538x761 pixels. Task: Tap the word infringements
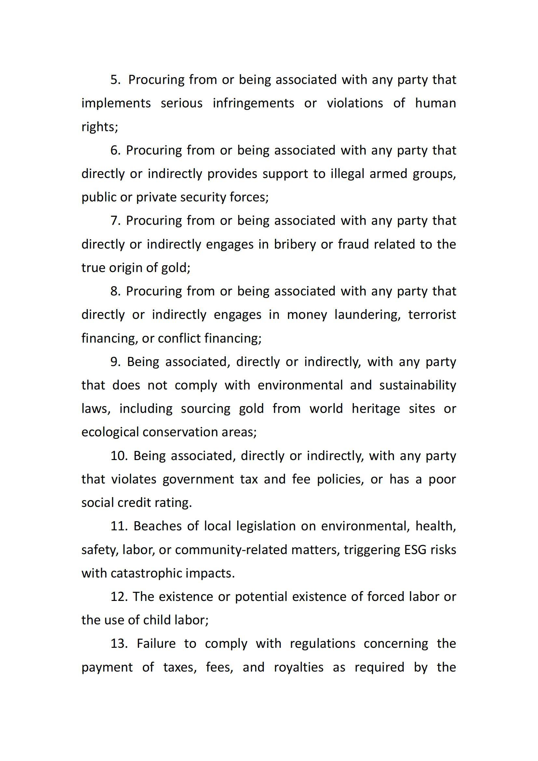pyautogui.click(x=253, y=103)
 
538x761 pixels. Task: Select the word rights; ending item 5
pyautogui.click(x=100, y=127)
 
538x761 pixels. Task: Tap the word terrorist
pyautogui.click(x=432, y=315)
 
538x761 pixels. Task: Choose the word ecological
pyautogui.click(x=110, y=432)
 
